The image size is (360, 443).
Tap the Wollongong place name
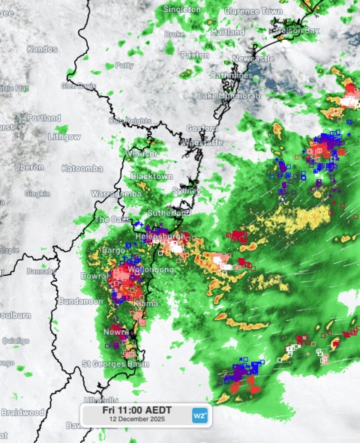point(152,269)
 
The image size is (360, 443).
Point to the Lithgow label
point(64,137)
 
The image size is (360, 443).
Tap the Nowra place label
point(116,331)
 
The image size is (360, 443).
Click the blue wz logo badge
point(199,415)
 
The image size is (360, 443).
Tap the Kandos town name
point(42,49)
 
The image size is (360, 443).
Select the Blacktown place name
point(151,176)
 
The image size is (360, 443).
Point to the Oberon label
point(28,166)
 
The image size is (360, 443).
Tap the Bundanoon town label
point(83,301)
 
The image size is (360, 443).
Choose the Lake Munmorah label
point(229,96)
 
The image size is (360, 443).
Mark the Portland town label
point(43,118)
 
